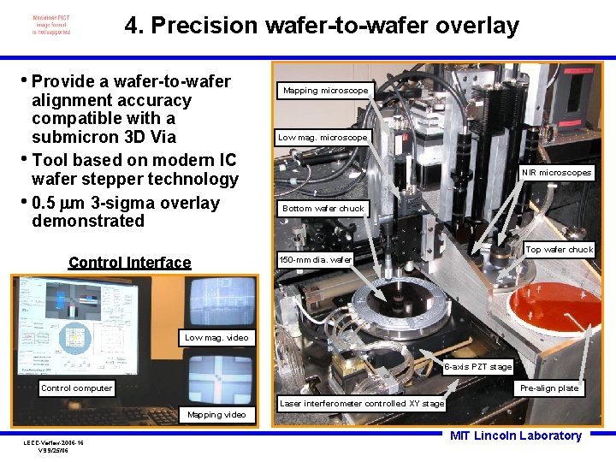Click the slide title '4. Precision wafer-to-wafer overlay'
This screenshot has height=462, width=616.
click(x=322, y=26)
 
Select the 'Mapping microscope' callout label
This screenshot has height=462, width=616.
click(x=325, y=90)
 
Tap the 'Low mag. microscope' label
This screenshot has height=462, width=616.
click(x=323, y=137)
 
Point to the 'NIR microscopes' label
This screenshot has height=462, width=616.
click(x=557, y=173)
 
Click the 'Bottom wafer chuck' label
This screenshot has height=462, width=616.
click(x=323, y=208)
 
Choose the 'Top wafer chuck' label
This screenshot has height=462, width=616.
click(x=559, y=250)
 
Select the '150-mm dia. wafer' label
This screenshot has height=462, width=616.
click(x=316, y=258)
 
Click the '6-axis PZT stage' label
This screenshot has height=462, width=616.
click(x=478, y=367)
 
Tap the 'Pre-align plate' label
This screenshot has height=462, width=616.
click(x=549, y=388)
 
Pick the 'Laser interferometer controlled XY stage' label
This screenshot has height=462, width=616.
click(x=362, y=403)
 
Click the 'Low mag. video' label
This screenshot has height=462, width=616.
click(x=216, y=337)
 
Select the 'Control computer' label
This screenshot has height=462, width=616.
click(x=76, y=388)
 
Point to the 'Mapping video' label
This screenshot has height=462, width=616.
click(x=216, y=415)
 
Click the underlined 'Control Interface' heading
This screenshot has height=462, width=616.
click(x=129, y=263)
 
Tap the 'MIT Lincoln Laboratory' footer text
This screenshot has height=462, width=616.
click(x=515, y=435)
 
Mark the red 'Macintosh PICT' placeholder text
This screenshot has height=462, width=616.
click(x=51, y=17)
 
